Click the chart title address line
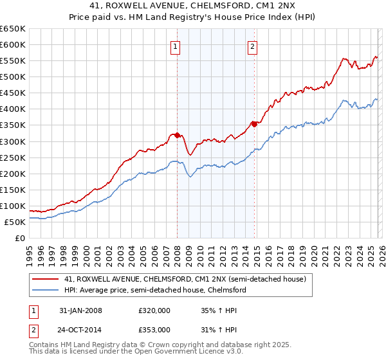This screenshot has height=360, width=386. coord(192,7)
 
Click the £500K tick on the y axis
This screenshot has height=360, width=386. coord(13,76)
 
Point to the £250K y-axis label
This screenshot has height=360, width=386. coord(13,157)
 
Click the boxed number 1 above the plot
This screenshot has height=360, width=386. coord(176,46)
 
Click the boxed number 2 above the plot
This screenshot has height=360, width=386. coord(253,46)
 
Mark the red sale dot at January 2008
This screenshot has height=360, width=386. coord(177,135)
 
